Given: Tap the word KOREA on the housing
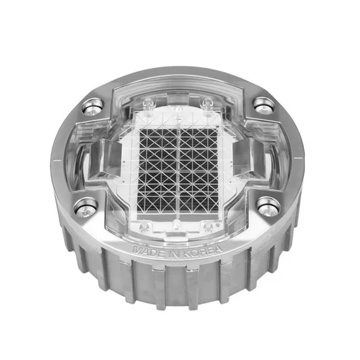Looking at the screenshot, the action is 203,251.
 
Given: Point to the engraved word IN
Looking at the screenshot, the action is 174,253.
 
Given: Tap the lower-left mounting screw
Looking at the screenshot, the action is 85,208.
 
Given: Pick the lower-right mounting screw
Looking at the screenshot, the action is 268,206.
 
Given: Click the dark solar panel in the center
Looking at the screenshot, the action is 179,170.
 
